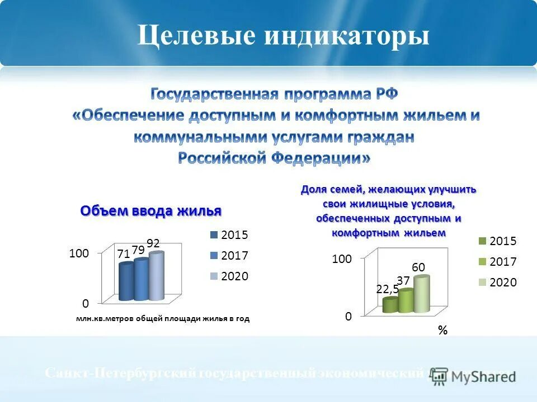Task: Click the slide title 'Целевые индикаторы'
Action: pyautogui.click(x=284, y=36)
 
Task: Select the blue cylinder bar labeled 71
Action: pyautogui.click(x=126, y=283)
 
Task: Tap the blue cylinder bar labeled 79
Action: pyautogui.click(x=142, y=280)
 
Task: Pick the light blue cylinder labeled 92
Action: pyautogui.click(x=156, y=277)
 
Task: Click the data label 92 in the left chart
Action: pyautogui.click(x=153, y=243)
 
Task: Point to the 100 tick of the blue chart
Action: pyautogui.click(x=79, y=253)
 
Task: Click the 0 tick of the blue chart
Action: pyautogui.click(x=85, y=304)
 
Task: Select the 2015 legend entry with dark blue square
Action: pyautogui.click(x=229, y=235)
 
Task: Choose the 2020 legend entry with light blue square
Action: pyautogui.click(x=229, y=276)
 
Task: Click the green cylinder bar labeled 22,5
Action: pyautogui.click(x=390, y=305)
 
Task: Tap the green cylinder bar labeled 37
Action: pyautogui.click(x=405, y=301)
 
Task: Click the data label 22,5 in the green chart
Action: pyautogui.click(x=387, y=289)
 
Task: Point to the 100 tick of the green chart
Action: pyautogui.click(x=341, y=259)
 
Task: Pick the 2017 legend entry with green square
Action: pyautogui.click(x=497, y=262)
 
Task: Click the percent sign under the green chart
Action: pyautogui.click(x=442, y=331)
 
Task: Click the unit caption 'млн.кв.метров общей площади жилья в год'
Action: pyautogui.click(x=162, y=319)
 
